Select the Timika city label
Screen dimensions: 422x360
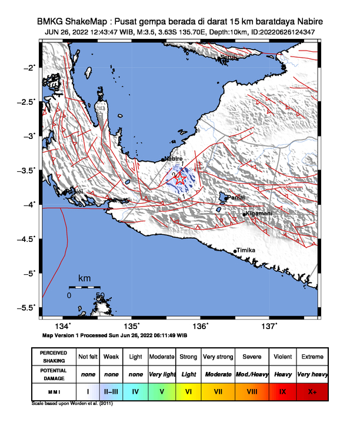(246, 250)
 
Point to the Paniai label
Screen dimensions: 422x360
(235, 198)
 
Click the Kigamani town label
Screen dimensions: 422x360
(259, 213)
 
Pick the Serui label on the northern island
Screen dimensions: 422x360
(228, 57)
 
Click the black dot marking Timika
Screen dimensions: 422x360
(235, 251)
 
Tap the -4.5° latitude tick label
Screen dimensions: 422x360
(27, 238)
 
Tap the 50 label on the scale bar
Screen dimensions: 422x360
(100, 295)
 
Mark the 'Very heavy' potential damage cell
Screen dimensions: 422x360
(312, 374)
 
